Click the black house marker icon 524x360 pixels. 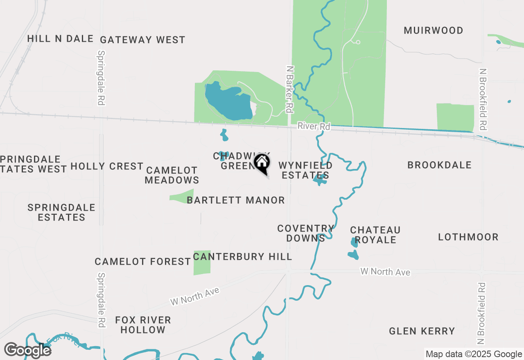click(x=262, y=163)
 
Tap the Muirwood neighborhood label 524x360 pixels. click(x=433, y=31)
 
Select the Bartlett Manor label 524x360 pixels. click(x=235, y=200)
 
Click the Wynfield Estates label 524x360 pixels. click(x=305, y=171)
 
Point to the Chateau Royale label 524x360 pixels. click(x=375, y=235)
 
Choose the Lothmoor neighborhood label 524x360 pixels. click(x=468, y=237)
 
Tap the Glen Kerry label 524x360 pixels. click(x=422, y=331)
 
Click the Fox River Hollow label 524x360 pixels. click(x=143, y=325)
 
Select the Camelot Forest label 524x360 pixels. click(x=142, y=262)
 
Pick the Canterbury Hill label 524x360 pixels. click(x=242, y=257)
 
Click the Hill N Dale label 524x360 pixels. click(x=61, y=39)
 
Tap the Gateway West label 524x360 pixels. click(x=142, y=40)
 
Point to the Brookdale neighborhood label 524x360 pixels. click(x=439, y=165)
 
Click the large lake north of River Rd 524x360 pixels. click(x=227, y=101)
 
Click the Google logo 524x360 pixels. click(x=28, y=350)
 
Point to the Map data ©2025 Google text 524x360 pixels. click(x=473, y=354)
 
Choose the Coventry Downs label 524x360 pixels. click(x=305, y=233)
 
